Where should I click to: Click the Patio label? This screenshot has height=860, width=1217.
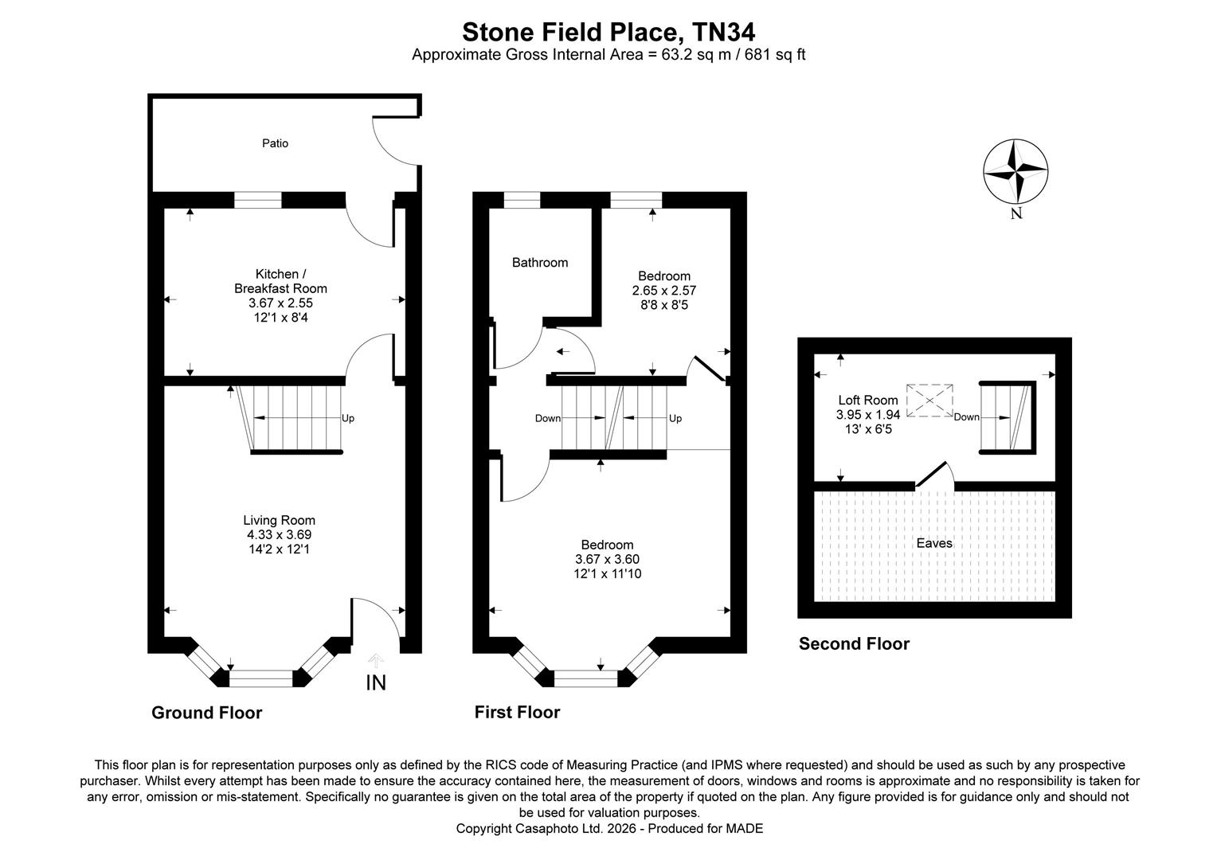click(x=275, y=143)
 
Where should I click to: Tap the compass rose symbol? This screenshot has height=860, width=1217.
click(x=1015, y=172)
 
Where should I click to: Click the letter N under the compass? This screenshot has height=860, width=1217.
click(x=1016, y=213)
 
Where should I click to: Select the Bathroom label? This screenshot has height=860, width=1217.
click(x=540, y=263)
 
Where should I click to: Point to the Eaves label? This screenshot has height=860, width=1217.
click(x=934, y=543)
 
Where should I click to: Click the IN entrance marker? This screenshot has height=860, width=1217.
click(x=376, y=683)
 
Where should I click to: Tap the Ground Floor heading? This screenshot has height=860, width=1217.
click(x=206, y=713)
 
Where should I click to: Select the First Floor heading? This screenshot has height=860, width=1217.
click(x=517, y=712)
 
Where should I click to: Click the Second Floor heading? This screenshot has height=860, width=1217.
click(x=854, y=643)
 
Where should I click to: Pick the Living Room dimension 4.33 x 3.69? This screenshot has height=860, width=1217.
click(x=280, y=534)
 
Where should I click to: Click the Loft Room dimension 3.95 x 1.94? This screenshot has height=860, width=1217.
click(x=868, y=415)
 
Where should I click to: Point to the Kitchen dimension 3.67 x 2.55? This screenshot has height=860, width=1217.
click(x=281, y=303)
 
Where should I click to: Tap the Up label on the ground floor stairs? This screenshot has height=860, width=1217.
click(x=348, y=418)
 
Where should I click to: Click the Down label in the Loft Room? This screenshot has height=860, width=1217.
click(x=967, y=417)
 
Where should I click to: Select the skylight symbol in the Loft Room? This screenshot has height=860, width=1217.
click(x=929, y=401)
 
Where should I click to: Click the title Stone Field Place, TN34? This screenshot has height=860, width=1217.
click(x=608, y=33)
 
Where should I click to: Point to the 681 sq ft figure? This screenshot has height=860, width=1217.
click(x=775, y=55)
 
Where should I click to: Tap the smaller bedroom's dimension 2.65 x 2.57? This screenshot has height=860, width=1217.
click(x=664, y=291)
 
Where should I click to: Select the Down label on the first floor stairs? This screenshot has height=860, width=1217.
click(x=548, y=418)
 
